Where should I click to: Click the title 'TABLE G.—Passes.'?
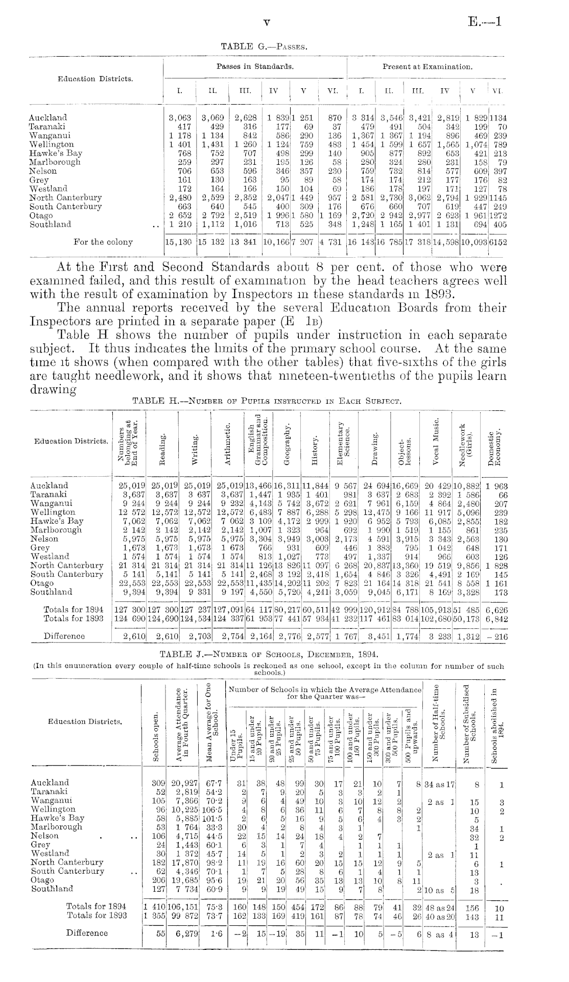(263, 47)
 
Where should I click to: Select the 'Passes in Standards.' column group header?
(255, 66)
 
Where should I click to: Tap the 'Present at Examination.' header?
(428, 67)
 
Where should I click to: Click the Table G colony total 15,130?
(179, 242)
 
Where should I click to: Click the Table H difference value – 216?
(495, 636)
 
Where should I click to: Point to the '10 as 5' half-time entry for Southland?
(440, 889)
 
